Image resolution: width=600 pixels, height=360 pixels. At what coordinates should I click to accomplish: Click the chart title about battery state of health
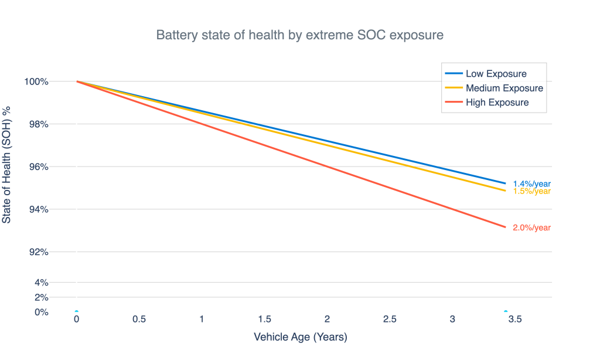click(x=299, y=35)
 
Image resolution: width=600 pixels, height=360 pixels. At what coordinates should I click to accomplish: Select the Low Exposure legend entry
click(x=496, y=74)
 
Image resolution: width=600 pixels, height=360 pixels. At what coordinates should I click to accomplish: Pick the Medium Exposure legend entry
click(x=504, y=88)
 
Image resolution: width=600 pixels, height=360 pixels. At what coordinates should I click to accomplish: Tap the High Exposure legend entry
click(x=497, y=103)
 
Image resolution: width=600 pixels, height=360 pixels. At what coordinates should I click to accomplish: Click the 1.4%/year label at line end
click(x=531, y=184)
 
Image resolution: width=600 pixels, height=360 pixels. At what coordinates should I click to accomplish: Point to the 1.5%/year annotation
click(x=531, y=192)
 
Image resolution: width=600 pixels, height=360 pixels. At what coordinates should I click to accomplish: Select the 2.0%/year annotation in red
click(x=531, y=228)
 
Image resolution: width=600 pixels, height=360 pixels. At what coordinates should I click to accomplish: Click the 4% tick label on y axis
click(x=42, y=282)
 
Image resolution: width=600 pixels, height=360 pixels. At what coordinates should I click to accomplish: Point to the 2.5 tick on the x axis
click(x=390, y=320)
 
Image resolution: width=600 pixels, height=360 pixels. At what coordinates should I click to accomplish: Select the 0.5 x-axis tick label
click(x=139, y=320)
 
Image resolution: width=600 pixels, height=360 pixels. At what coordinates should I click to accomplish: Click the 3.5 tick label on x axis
click(x=515, y=320)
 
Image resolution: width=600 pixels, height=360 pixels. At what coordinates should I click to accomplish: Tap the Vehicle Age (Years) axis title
click(x=300, y=338)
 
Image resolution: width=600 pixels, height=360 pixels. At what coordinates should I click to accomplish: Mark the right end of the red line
click(x=504, y=227)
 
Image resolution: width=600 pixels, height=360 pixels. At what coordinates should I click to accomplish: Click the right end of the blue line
click(x=504, y=183)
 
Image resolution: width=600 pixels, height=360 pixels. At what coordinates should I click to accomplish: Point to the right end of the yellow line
click(x=504, y=191)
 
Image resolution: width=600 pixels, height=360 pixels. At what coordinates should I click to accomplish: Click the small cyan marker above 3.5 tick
click(x=506, y=311)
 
